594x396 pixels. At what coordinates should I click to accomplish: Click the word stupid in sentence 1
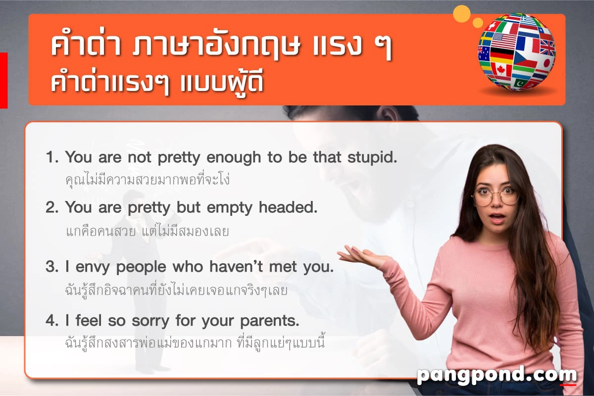[372, 157]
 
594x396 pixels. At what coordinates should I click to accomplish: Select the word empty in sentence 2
[229, 208]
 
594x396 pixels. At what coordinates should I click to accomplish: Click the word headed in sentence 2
[288, 207]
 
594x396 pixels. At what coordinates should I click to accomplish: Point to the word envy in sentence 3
[93, 267]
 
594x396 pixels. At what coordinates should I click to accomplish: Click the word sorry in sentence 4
[150, 321]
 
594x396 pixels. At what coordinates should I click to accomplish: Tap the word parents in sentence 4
[270, 321]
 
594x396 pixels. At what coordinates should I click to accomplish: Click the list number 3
[51, 266]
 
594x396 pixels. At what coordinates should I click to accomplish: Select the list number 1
[51, 157]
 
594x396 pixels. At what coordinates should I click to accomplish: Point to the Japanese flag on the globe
[545, 63]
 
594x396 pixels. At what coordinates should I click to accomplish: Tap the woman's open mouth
[496, 218]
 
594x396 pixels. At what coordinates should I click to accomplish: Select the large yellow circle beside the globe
[462, 13]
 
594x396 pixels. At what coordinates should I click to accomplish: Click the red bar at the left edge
[4, 80]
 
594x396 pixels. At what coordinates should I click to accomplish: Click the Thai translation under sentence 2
[147, 231]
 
